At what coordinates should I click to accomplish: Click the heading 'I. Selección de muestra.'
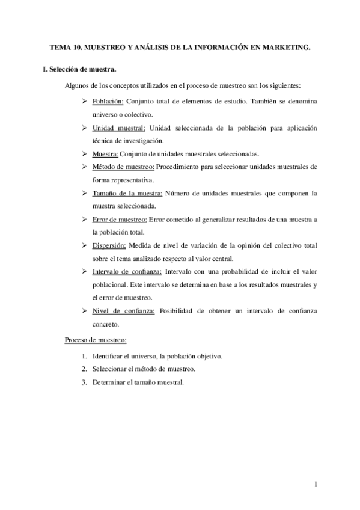(80, 69)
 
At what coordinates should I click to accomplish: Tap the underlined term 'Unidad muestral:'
(119, 128)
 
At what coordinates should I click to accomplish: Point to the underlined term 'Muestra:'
(106, 153)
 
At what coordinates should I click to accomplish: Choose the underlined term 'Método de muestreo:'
(123, 166)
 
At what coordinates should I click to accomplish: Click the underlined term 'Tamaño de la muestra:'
(127, 193)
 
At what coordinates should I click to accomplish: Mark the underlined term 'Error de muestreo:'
(119, 219)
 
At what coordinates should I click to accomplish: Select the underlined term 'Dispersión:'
(109, 245)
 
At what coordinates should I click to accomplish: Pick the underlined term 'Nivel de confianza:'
(123, 310)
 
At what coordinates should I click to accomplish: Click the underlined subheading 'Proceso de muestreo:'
(96, 340)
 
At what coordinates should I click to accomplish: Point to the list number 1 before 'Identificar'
(85, 356)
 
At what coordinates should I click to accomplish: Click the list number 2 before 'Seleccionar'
(85, 369)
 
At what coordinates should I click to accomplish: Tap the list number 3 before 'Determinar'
(85, 382)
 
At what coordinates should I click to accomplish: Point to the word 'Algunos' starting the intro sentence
(78, 85)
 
